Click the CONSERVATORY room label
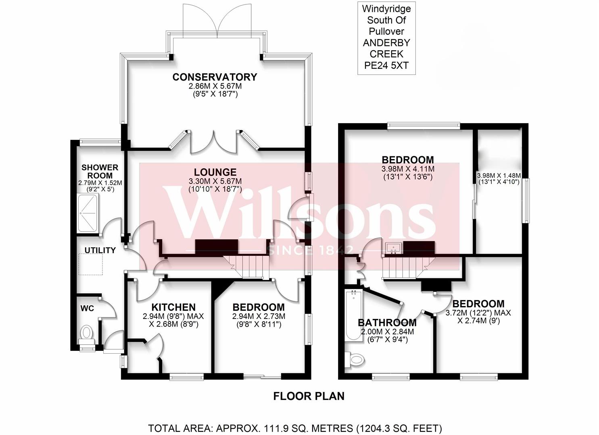click(x=214, y=77)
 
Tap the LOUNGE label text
click(x=215, y=172)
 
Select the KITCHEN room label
click(x=174, y=307)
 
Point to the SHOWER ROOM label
click(x=100, y=172)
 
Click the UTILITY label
click(x=100, y=250)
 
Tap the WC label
click(x=87, y=309)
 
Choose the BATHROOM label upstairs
click(x=387, y=323)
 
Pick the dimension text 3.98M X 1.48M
click(x=499, y=176)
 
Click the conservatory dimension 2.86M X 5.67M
click(x=215, y=86)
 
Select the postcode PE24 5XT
click(x=386, y=65)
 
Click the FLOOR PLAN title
click(x=309, y=396)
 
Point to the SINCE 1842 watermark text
click(x=310, y=250)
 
